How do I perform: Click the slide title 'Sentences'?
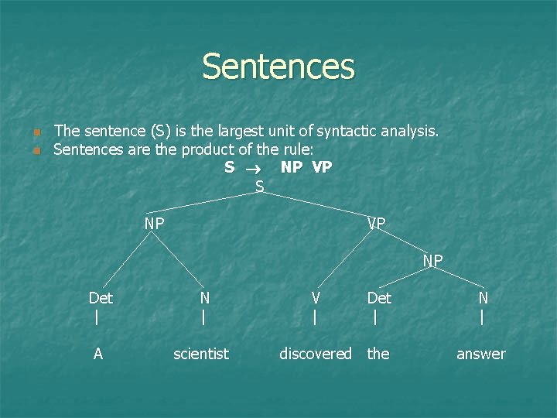click(278, 67)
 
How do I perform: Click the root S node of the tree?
click(260, 186)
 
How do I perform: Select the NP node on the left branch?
click(154, 224)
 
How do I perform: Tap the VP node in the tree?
click(377, 224)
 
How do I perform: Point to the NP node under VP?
click(432, 262)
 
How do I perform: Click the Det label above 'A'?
click(101, 298)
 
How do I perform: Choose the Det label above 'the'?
click(379, 298)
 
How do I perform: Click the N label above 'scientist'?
click(204, 298)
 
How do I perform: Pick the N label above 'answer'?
click(483, 298)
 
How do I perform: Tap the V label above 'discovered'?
click(316, 298)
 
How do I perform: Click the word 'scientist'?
click(201, 354)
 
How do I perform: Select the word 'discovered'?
click(316, 354)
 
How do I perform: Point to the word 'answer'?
click(480, 354)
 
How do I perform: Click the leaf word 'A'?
click(98, 354)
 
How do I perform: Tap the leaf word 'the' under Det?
click(378, 354)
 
